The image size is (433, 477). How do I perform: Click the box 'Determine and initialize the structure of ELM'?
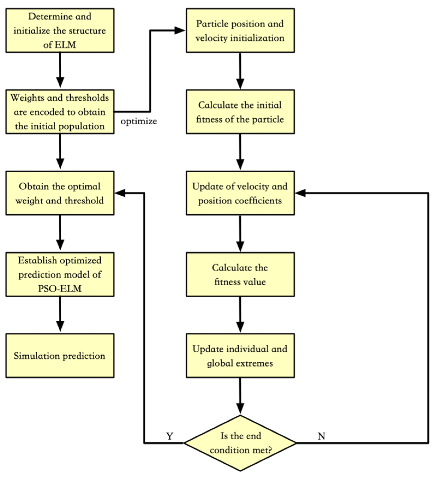60,30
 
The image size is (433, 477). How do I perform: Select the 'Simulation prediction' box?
60,355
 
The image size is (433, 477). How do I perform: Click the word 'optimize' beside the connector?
139,121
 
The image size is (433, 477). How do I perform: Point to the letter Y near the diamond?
170,436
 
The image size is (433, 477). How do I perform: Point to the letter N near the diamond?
321,436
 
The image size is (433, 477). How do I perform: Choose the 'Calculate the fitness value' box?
240,274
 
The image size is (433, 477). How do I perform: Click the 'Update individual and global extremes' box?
240,355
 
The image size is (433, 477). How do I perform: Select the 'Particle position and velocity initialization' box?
240,30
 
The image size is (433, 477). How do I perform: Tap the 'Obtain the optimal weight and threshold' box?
60,193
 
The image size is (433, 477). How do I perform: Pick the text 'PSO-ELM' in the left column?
60,289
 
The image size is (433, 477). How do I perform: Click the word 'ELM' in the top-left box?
67,44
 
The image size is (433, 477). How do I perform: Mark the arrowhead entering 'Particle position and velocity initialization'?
180,30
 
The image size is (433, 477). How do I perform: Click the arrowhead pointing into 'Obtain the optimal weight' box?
120,193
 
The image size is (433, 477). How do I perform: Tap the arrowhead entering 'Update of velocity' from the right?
300,193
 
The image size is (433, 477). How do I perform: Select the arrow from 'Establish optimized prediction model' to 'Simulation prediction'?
60,314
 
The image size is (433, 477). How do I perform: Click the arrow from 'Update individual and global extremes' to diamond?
240,395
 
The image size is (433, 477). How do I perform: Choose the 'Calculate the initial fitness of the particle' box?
240,112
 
